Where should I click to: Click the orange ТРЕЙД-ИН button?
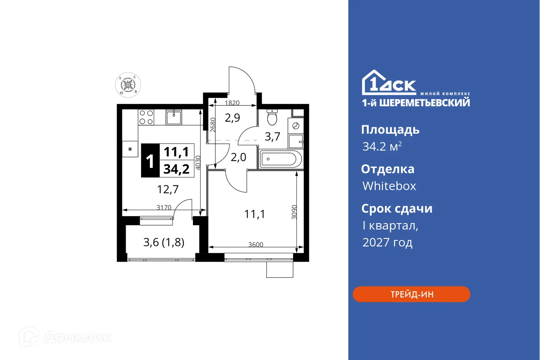click(411, 294)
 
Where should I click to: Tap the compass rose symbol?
click(128, 85)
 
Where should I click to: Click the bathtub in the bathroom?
click(280, 160)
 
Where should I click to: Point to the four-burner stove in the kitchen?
click(146, 117)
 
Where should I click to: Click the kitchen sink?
click(174, 117)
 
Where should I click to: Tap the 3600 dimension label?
click(256, 244)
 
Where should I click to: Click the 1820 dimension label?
click(232, 102)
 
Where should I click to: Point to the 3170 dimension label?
click(164, 207)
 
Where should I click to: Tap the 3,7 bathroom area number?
click(272, 137)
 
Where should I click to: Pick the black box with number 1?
click(150, 161)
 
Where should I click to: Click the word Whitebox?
click(389, 186)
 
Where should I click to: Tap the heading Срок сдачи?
click(397, 209)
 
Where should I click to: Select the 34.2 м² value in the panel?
click(382, 147)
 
